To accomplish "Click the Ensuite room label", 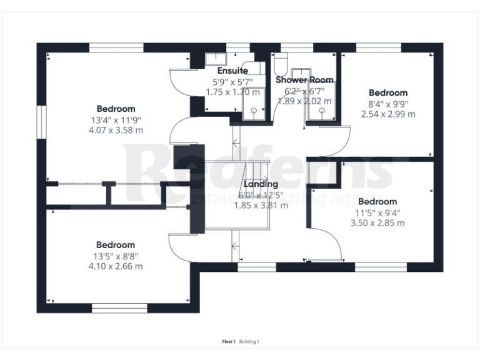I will (x=232, y=71).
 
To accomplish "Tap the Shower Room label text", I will (x=304, y=80).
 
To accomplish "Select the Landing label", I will (x=261, y=184).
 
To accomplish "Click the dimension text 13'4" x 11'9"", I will (x=116, y=120).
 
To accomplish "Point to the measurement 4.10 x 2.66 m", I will (x=116, y=266).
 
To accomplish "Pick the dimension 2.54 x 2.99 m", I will (x=387, y=114).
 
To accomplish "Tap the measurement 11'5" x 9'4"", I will (x=377, y=212).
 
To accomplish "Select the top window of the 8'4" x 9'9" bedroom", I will (x=378, y=47).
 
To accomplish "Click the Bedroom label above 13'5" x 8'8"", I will (x=116, y=245).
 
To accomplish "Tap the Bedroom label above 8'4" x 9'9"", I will (x=387, y=93).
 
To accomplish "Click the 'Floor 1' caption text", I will (x=229, y=341).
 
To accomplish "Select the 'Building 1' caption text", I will (x=249, y=341).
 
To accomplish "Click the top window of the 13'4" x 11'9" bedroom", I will (x=116, y=47).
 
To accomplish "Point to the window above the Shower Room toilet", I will (x=296, y=47).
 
